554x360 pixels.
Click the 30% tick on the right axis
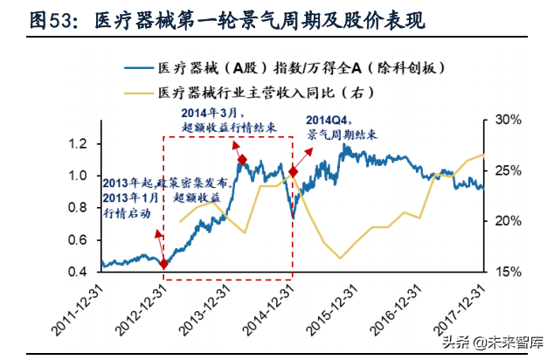[x=506, y=119]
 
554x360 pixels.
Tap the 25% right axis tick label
[x=506, y=170]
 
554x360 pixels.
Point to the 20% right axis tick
[x=506, y=221]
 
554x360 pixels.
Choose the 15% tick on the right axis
[x=506, y=272]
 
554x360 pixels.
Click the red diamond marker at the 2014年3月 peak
[x=242, y=159]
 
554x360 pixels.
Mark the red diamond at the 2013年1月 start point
[x=163, y=263]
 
